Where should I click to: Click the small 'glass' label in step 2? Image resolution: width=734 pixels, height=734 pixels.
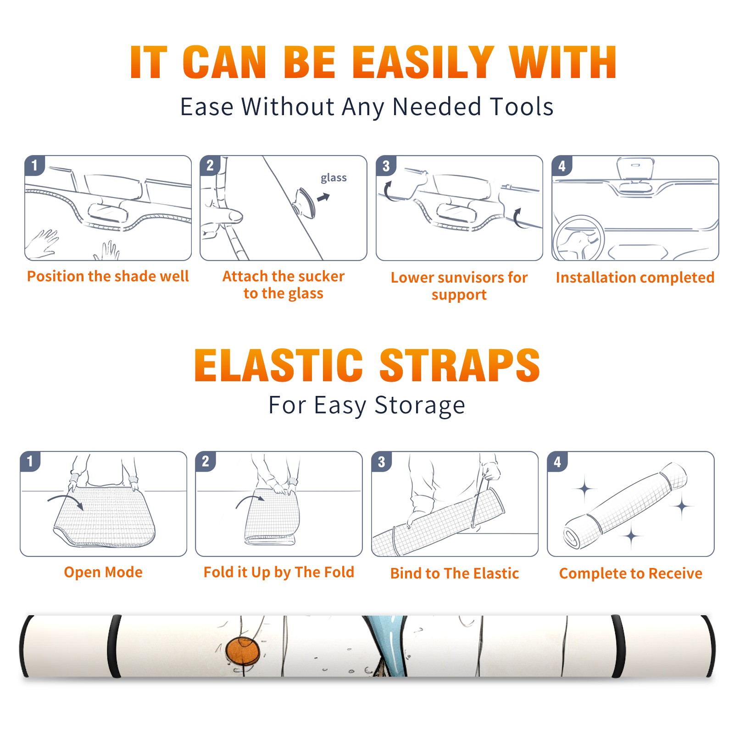(x=334, y=178)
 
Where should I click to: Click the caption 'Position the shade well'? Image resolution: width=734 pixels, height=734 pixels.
(x=108, y=276)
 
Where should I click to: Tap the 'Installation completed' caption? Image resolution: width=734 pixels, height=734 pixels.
(x=635, y=278)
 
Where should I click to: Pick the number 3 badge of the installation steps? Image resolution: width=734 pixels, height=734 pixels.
(x=386, y=166)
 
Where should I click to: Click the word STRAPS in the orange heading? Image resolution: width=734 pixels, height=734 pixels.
(x=460, y=365)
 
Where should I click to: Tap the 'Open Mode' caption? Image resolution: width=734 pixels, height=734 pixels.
(x=103, y=572)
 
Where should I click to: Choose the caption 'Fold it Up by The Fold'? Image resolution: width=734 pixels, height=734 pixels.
(x=279, y=572)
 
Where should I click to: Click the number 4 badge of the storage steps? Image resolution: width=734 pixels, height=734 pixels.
(x=557, y=462)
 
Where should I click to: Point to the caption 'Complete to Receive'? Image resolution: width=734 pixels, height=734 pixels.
(x=631, y=573)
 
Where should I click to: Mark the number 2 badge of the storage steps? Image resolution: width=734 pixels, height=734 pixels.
(x=205, y=462)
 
